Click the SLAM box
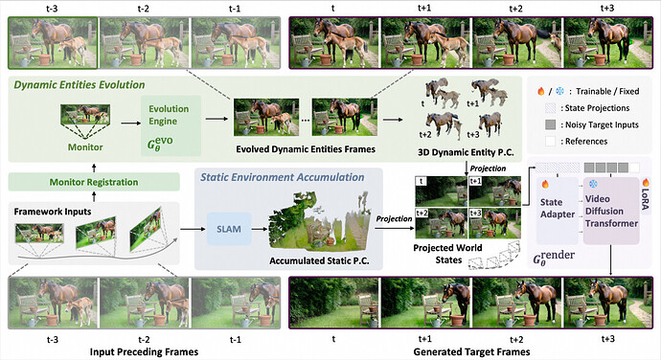click(x=229, y=229)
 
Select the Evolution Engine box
click(x=171, y=125)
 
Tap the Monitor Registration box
click(x=94, y=182)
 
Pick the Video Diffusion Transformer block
click(x=611, y=211)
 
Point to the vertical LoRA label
click(x=645, y=199)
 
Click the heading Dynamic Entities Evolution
click(x=80, y=84)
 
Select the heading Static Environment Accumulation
click(x=282, y=177)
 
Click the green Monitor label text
click(x=85, y=147)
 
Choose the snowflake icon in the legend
click(x=559, y=91)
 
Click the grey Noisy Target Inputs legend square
click(x=550, y=124)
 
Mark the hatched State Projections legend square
click(x=550, y=108)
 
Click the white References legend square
click(x=550, y=141)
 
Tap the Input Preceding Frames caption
click(x=144, y=352)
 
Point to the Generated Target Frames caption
click(x=471, y=352)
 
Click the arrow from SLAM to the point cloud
click(x=260, y=229)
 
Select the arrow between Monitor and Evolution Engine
click(x=131, y=124)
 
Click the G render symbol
click(x=554, y=258)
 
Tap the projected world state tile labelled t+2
click(x=442, y=223)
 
